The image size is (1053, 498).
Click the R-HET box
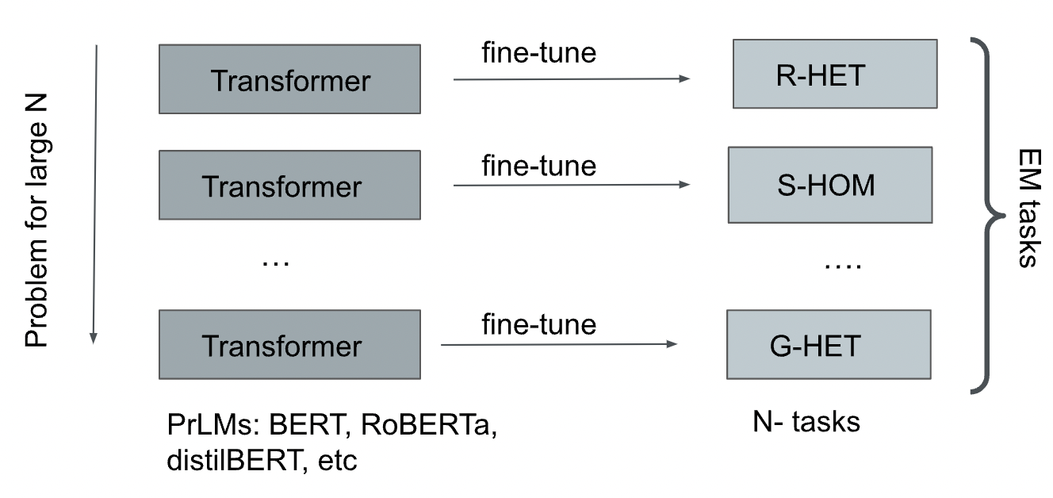[834, 74]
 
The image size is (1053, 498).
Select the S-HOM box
[829, 184]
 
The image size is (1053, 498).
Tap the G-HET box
[828, 344]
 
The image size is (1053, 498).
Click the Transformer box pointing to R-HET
[289, 79]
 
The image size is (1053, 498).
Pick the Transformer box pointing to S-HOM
[289, 185]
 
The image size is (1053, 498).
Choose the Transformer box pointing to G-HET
[289, 344]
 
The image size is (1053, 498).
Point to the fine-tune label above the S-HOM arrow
[538, 166]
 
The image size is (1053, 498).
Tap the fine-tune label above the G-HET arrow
[538, 324]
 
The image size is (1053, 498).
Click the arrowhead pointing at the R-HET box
[684, 79]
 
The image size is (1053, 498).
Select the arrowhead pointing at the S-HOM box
[684, 185]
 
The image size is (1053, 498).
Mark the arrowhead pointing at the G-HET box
[672, 344]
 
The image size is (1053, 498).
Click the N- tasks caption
[806, 421]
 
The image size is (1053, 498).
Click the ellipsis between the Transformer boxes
[276, 260]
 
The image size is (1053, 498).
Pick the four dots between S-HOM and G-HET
[842, 266]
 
